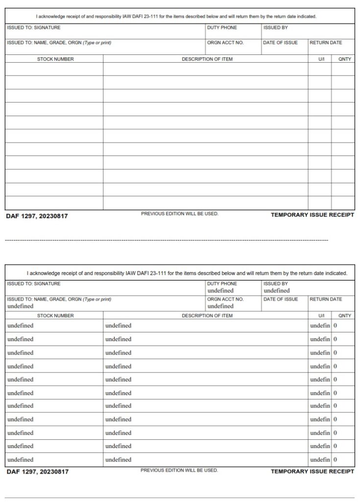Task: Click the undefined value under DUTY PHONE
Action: (x=220, y=291)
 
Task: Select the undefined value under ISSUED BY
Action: (x=277, y=291)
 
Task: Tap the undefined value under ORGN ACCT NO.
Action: (x=220, y=306)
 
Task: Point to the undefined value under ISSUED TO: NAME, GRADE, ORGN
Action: (x=21, y=306)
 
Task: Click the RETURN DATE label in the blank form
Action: (x=325, y=43)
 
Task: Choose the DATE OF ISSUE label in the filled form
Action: (x=280, y=299)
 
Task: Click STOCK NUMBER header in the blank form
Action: (x=55, y=59)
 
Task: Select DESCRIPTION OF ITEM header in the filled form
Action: (x=207, y=316)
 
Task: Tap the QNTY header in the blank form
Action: (x=345, y=59)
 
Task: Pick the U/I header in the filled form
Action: (x=321, y=316)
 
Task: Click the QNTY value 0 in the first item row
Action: (x=335, y=326)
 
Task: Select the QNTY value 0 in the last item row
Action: (x=335, y=460)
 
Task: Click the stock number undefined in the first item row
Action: (x=21, y=326)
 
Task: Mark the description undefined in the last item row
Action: (x=118, y=460)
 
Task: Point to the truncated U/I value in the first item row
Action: (x=320, y=326)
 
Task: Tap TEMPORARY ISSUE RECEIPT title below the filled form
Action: (x=312, y=472)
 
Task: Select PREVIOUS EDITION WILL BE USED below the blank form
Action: (x=179, y=214)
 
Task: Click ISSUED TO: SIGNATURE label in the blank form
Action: (x=34, y=28)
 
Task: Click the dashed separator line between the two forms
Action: (x=167, y=240)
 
